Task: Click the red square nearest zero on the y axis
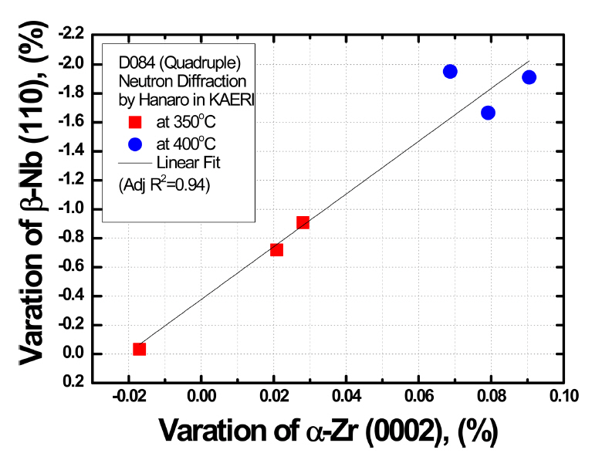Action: (x=139, y=349)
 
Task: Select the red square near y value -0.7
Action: (x=276, y=249)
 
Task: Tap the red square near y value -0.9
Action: (x=303, y=222)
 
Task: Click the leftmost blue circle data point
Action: (x=450, y=72)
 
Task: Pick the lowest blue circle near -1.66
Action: (x=488, y=113)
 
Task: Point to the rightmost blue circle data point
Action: (x=529, y=77)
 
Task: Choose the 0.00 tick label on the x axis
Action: (x=201, y=397)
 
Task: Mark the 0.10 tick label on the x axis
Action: (x=564, y=397)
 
